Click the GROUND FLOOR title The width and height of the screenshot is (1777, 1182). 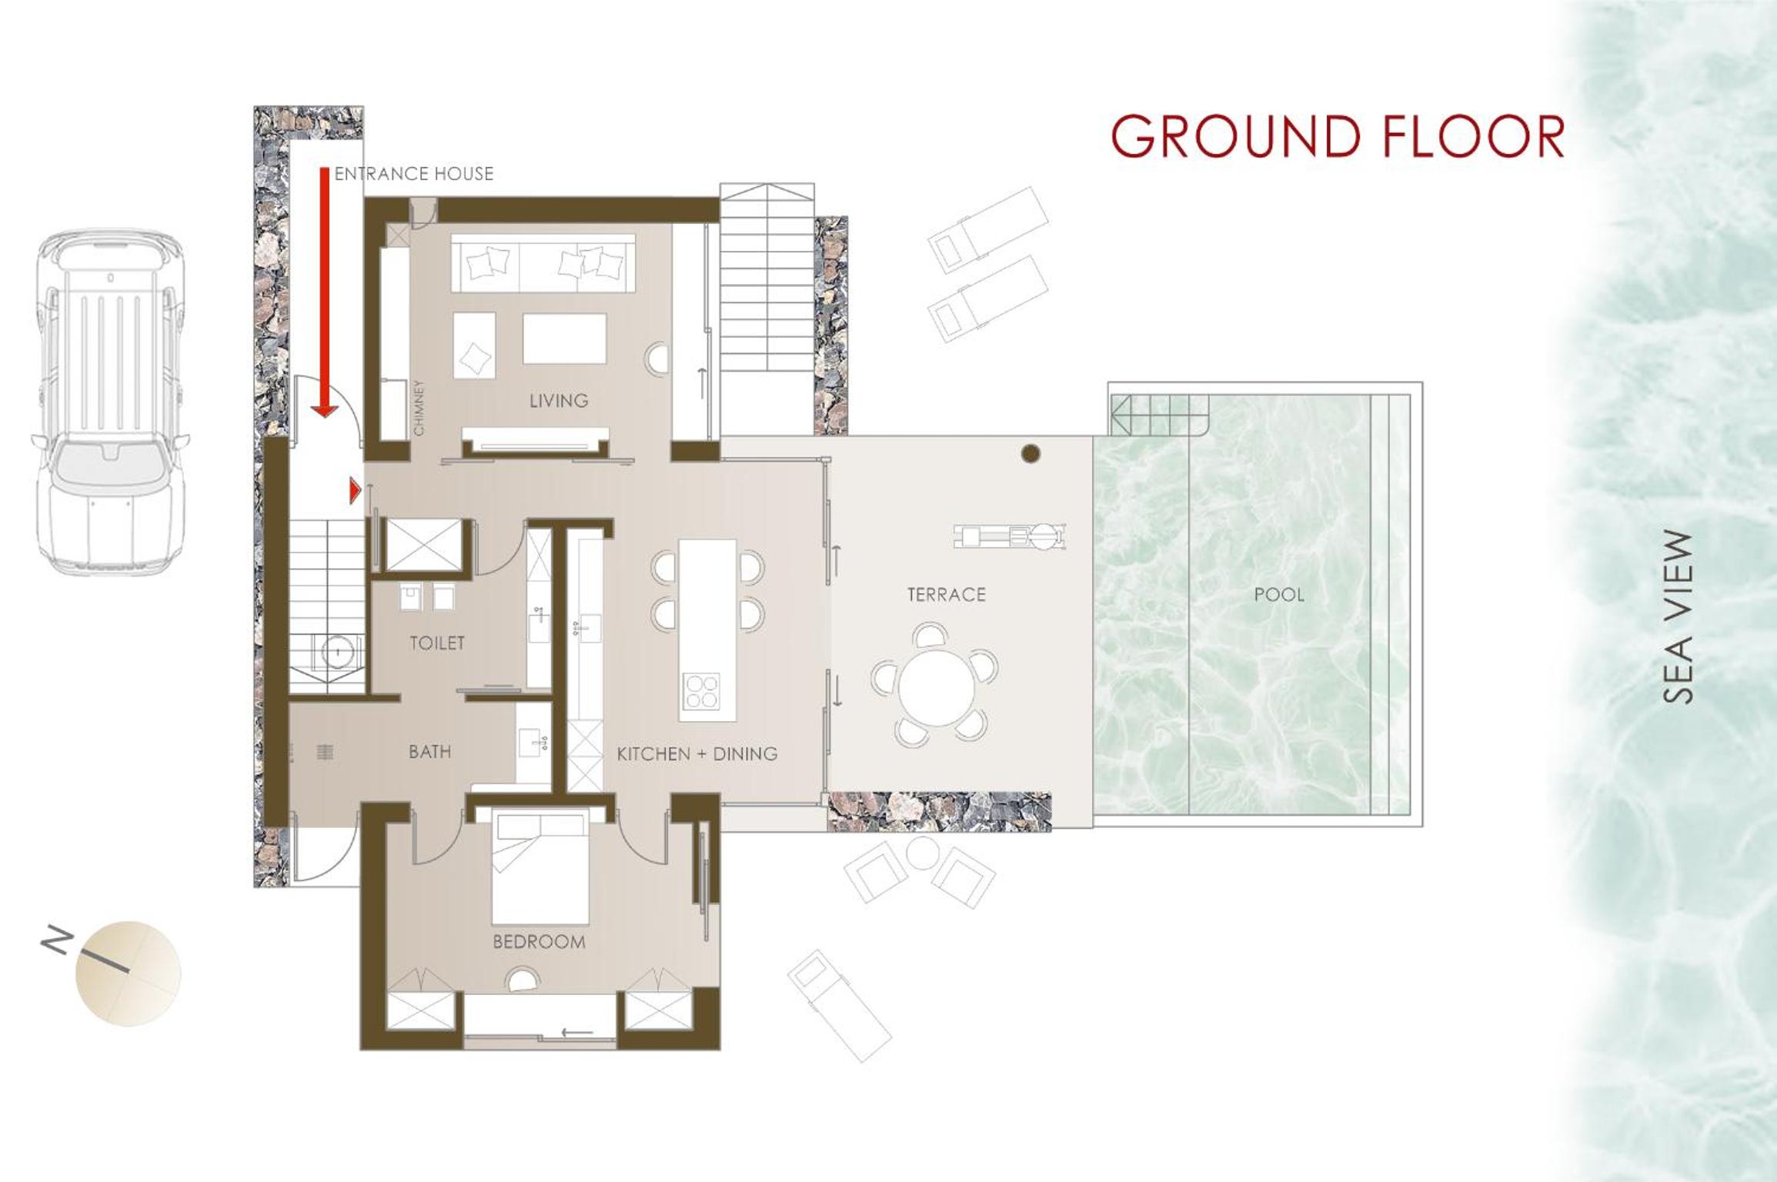(x=1338, y=136)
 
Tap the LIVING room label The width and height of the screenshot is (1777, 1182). (x=559, y=401)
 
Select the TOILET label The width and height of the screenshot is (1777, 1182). (x=437, y=643)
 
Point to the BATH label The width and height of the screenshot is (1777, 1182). (x=429, y=752)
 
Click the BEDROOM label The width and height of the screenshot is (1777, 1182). (x=539, y=942)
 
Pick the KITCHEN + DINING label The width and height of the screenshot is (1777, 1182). (x=696, y=754)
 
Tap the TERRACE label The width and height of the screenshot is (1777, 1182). (x=946, y=595)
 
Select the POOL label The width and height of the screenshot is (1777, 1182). (x=1279, y=595)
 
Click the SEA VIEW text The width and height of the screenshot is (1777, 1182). (x=1678, y=617)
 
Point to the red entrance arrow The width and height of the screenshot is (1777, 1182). (x=325, y=293)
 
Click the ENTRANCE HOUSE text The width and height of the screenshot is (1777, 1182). (x=414, y=174)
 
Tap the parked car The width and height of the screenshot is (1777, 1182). (x=110, y=401)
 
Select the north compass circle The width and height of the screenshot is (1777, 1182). (x=128, y=973)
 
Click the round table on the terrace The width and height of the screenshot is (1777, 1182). (x=935, y=687)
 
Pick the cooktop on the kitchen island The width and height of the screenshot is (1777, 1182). (x=701, y=691)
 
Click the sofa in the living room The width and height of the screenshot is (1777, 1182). (x=543, y=263)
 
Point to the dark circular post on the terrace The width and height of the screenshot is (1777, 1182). (x=1030, y=453)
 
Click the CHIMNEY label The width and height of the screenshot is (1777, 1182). (x=419, y=408)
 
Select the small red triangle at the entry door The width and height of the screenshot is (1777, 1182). (x=355, y=490)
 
